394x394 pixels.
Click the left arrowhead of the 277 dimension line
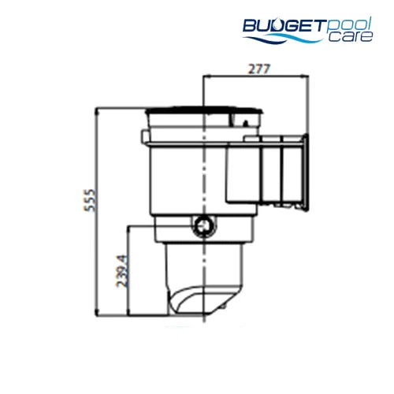206,77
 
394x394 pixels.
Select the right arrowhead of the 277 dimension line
309,77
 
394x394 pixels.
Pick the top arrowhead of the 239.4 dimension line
127,228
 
